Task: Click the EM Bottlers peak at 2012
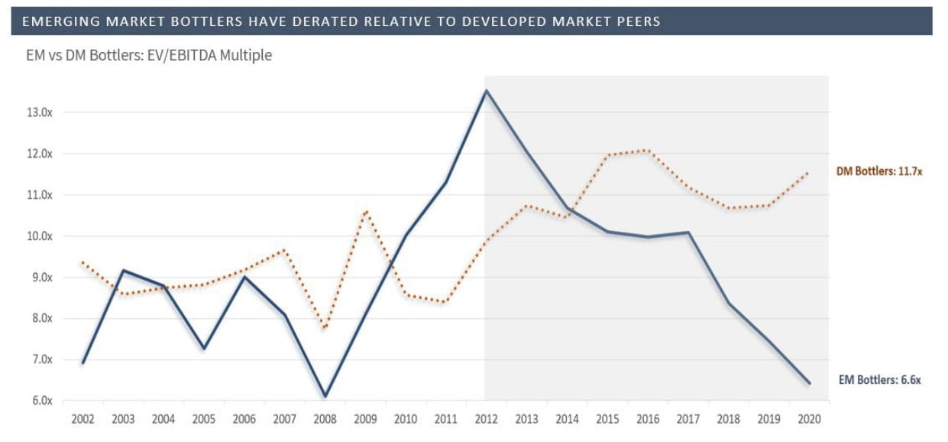click(x=486, y=91)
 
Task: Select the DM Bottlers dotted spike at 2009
click(x=367, y=210)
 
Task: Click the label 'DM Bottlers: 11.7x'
click(x=879, y=172)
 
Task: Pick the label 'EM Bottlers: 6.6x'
click(x=880, y=379)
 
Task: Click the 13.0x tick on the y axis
click(x=38, y=112)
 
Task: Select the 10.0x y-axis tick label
click(x=38, y=236)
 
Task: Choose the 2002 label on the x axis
click(x=83, y=419)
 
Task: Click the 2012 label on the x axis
click(x=486, y=419)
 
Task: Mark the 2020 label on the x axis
click(x=809, y=419)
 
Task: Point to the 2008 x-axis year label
click(x=325, y=419)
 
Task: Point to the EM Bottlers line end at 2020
click(x=809, y=383)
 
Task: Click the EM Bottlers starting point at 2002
click(x=83, y=362)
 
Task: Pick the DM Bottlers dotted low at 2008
click(x=325, y=327)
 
